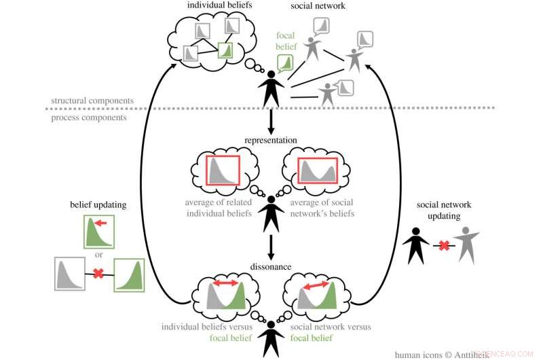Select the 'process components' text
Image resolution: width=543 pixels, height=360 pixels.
[88, 117]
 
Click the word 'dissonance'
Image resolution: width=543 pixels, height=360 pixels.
[271, 267]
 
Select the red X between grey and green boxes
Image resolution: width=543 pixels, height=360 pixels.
[99, 274]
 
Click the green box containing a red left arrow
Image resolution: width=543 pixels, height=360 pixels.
[99, 231]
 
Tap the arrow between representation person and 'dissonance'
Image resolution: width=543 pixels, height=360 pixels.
[271, 245]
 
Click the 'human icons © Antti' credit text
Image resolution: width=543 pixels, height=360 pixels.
[434, 354]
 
